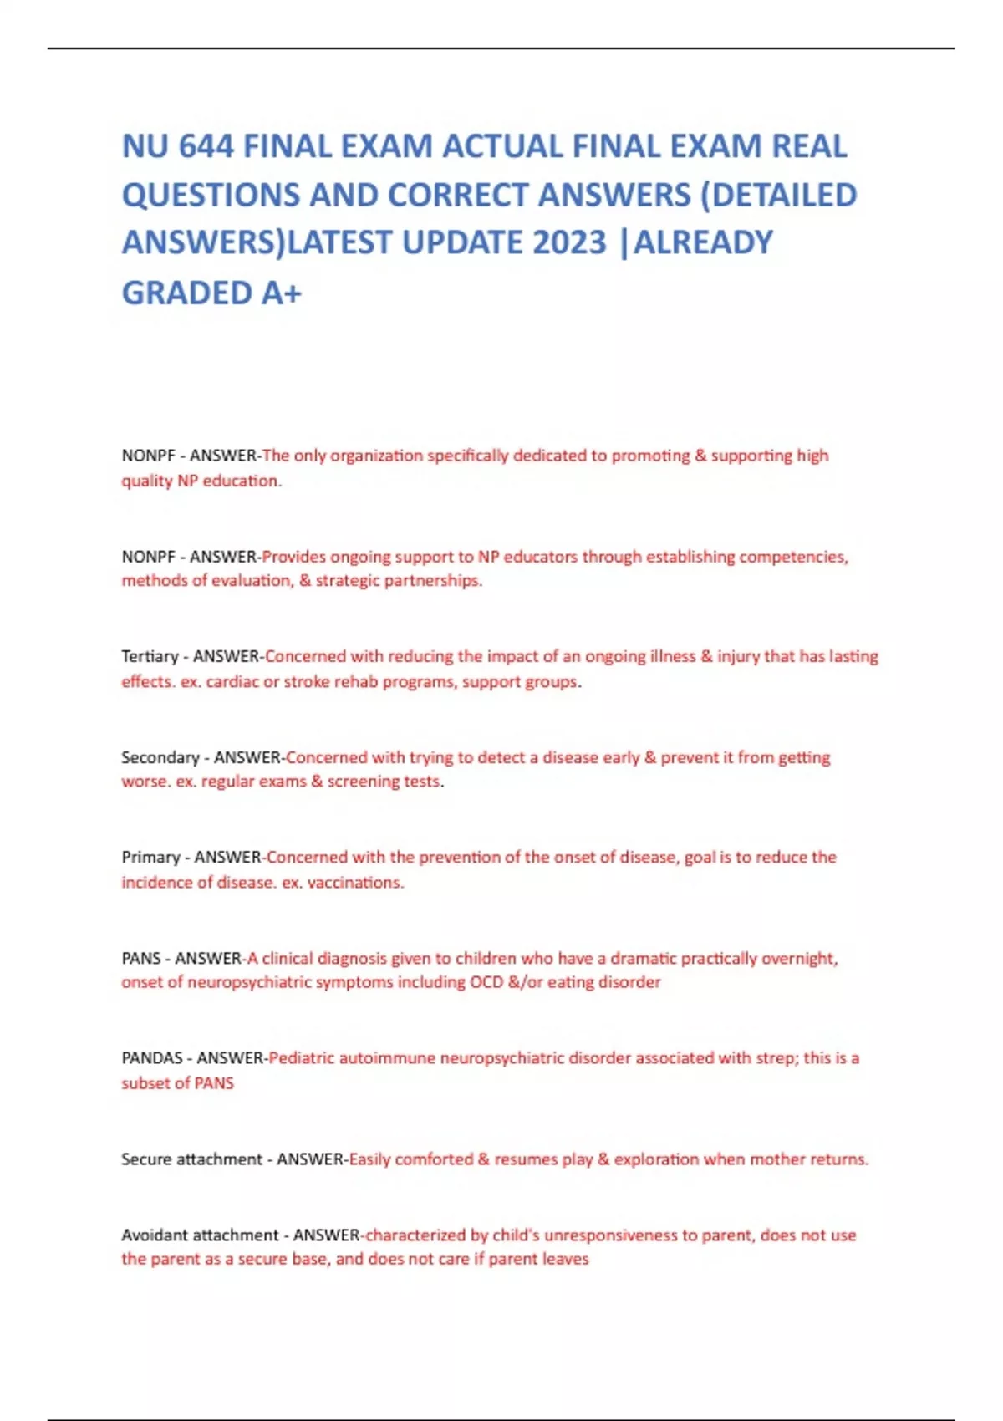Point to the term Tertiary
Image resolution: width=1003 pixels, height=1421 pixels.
pyautogui.click(x=150, y=657)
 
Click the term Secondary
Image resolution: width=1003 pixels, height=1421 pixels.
pyautogui.click(x=160, y=757)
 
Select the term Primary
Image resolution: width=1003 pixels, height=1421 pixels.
pyautogui.click(x=150, y=858)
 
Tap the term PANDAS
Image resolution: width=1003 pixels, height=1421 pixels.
pyautogui.click(x=152, y=1058)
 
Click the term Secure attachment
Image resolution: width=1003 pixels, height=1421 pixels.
pyautogui.click(x=191, y=1159)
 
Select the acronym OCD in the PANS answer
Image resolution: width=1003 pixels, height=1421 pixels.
pyautogui.click(x=486, y=982)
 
